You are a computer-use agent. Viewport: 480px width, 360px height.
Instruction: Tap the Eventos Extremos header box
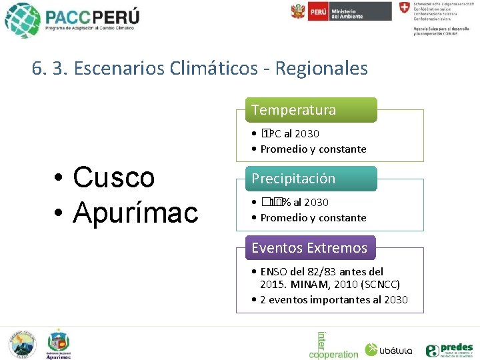click(x=309, y=248)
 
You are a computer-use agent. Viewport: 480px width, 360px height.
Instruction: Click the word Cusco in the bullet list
click(x=114, y=177)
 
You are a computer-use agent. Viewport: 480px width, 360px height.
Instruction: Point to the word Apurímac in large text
click(x=136, y=212)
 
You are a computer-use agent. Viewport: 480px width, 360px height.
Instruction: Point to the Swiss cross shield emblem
click(x=404, y=9)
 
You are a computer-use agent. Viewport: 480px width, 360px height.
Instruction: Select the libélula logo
click(x=389, y=349)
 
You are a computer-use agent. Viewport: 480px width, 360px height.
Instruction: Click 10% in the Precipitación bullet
click(x=273, y=202)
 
